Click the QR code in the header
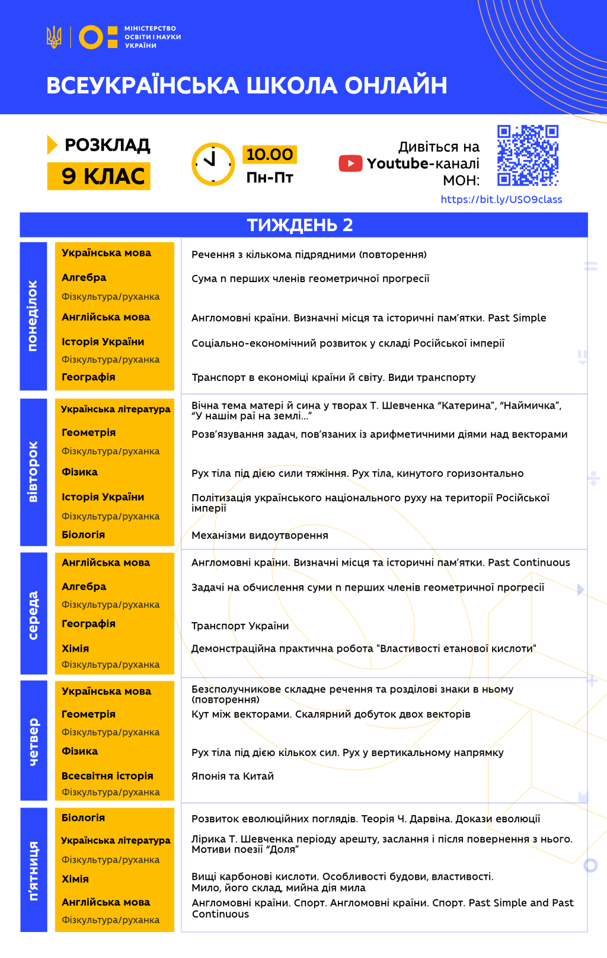(528, 155)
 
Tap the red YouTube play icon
(350, 164)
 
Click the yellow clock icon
(213, 164)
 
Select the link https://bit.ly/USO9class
(501, 200)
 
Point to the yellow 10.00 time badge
(270, 155)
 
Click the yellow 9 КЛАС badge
(99, 176)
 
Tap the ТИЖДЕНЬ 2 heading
(300, 225)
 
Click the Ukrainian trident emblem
(54, 37)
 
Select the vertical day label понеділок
(33, 316)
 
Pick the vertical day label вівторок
(33, 472)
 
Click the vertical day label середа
(33, 614)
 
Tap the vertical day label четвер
(33, 741)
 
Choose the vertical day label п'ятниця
(33, 870)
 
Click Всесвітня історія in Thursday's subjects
(107, 776)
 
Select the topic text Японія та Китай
(232, 776)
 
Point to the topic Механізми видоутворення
(260, 536)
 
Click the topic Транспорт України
(240, 626)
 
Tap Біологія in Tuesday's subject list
(84, 534)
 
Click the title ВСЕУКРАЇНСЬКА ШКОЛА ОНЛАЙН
(247, 85)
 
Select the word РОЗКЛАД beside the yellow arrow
(107, 145)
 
